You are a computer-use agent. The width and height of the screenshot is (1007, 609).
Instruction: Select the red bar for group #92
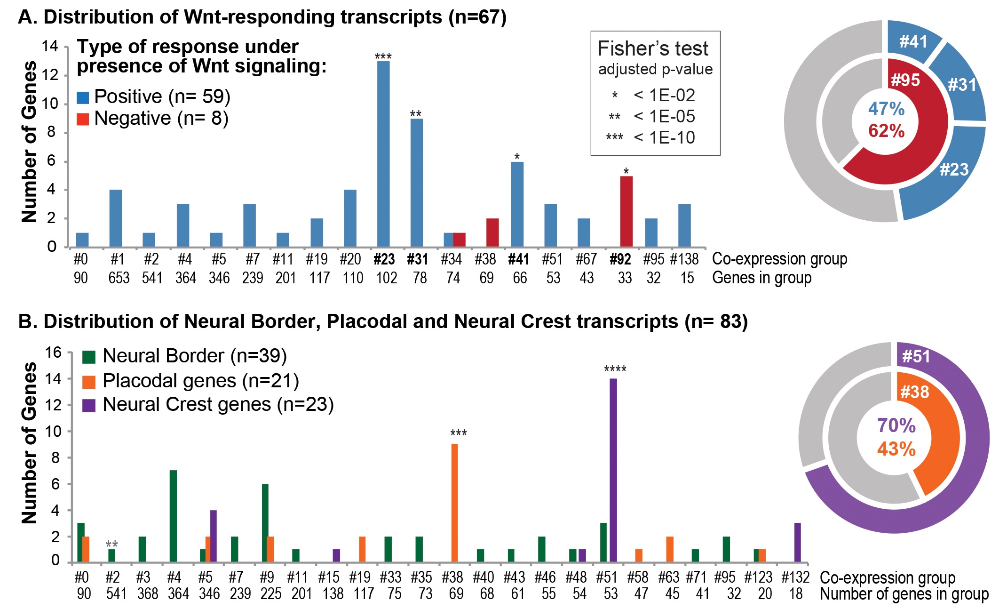point(626,211)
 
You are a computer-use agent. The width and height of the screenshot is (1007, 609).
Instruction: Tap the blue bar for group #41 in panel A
point(517,204)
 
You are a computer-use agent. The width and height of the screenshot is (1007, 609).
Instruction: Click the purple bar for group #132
point(797,542)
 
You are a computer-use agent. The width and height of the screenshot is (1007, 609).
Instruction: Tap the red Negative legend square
point(83,119)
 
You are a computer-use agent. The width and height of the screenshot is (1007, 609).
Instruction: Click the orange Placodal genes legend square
point(89,382)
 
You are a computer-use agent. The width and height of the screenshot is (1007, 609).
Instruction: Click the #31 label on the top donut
point(962,85)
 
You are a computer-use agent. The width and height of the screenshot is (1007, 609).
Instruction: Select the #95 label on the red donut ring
point(905,80)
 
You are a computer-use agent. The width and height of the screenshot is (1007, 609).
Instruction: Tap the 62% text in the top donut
point(886,131)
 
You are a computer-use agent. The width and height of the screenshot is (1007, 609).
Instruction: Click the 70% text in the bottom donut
point(896,425)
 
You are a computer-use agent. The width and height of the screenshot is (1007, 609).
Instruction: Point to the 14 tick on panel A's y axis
point(50,46)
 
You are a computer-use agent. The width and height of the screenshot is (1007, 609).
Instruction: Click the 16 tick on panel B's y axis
point(53,353)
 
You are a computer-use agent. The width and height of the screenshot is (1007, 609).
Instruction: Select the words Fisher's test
point(652,49)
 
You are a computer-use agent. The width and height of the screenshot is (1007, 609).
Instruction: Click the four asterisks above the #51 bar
point(615,369)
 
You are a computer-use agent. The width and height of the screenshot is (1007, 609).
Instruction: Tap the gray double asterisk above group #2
point(111,545)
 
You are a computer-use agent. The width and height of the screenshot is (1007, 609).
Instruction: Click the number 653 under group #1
point(119,278)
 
